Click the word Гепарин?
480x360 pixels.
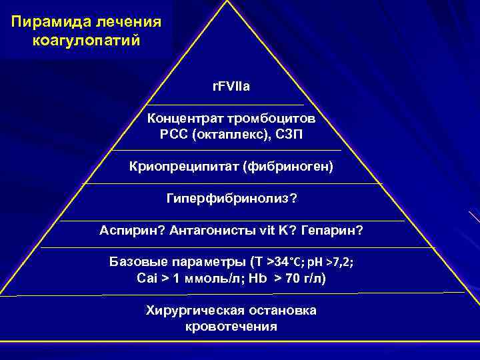point(332,231)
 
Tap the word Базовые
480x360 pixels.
point(139,262)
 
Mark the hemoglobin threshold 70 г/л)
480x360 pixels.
point(306,278)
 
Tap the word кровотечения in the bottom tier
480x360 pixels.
point(231,327)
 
